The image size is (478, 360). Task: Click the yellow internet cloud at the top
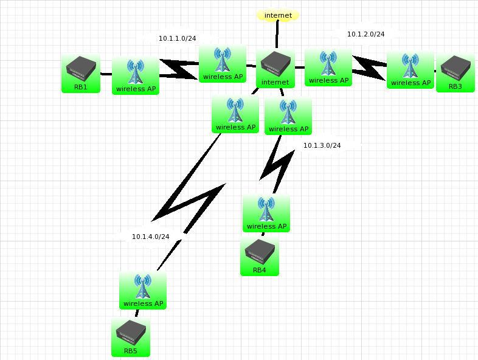tap(278, 15)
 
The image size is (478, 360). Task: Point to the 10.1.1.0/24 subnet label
tap(177, 38)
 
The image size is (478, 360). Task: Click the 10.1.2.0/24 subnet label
tap(365, 34)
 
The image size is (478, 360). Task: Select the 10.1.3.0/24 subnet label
tap(322, 145)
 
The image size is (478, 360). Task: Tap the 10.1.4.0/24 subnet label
tap(150, 237)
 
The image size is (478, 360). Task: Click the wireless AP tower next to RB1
tap(136, 72)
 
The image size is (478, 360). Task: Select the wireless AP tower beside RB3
tap(410, 66)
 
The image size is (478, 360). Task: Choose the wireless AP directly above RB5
tap(143, 287)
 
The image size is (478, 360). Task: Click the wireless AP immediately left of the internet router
tap(223, 60)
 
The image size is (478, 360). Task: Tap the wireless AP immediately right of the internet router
tap(328, 64)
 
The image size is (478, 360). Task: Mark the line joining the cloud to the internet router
tap(277, 35)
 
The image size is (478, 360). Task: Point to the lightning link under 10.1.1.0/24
tap(180, 69)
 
